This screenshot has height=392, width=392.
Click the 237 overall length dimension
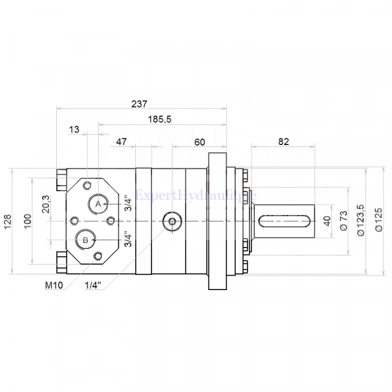(x=139, y=103)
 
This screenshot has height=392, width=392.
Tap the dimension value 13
(x=74, y=130)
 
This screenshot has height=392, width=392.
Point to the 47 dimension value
(x=122, y=141)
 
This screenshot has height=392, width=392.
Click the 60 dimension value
(x=199, y=141)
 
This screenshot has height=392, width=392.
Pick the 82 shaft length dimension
(x=283, y=141)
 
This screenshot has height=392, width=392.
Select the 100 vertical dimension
(x=27, y=221)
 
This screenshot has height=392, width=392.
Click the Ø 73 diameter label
(x=344, y=221)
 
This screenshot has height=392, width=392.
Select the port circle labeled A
(x=99, y=204)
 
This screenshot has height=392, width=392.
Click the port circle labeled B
(x=85, y=240)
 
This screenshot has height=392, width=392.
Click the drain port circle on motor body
(x=172, y=222)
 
